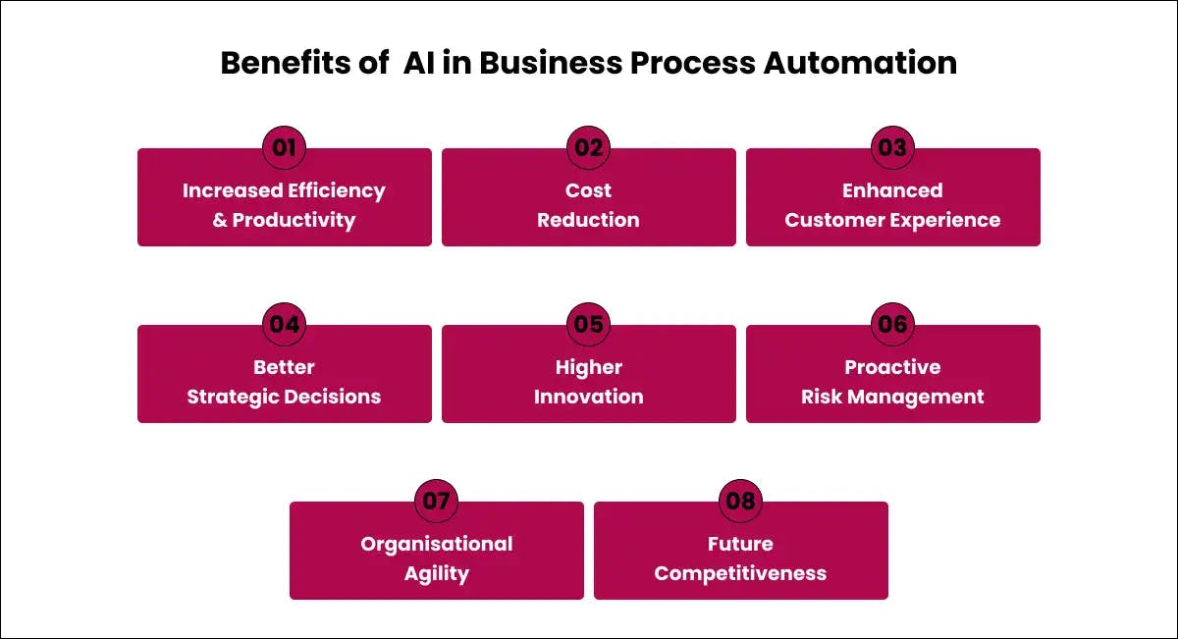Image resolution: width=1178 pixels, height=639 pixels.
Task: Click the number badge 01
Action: [x=285, y=148]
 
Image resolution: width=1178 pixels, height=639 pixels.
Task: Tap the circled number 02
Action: [x=589, y=148]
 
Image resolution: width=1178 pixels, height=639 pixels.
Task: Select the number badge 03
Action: [x=892, y=148]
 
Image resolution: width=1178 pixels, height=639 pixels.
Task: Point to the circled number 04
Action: [x=285, y=325]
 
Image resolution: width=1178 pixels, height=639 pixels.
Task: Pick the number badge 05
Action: [x=589, y=325]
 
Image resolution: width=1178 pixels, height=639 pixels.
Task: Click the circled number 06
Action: [x=892, y=325]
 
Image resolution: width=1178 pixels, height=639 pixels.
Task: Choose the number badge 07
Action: [x=437, y=502]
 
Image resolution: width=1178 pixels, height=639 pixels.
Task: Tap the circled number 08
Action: [x=740, y=502]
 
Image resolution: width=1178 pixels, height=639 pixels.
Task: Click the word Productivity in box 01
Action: [x=294, y=220]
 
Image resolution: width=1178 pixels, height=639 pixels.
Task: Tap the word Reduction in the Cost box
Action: [x=589, y=220]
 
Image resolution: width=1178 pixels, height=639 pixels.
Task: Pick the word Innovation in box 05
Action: [x=589, y=397]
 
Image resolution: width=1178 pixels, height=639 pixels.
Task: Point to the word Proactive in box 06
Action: [x=892, y=367]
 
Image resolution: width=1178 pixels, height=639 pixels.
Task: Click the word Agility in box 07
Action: [x=437, y=573]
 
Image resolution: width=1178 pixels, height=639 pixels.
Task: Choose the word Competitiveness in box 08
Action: [x=740, y=573]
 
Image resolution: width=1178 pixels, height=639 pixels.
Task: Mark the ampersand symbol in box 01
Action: [x=220, y=220]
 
